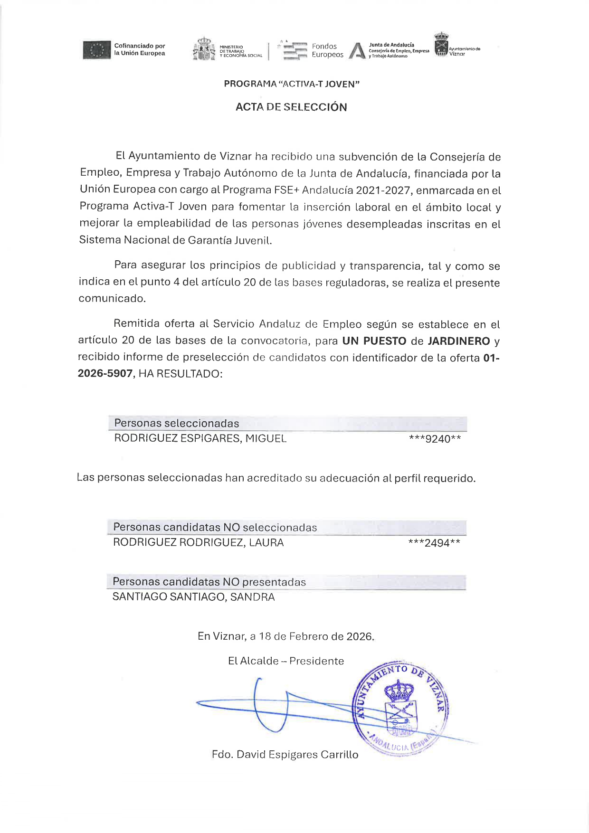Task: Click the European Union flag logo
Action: [x=97, y=50]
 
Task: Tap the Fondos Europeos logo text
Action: [x=327, y=50]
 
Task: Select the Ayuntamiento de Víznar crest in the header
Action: [x=441, y=44]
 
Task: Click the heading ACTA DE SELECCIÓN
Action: [x=291, y=107]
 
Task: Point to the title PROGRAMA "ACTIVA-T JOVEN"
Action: [x=292, y=84]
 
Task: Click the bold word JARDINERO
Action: [x=459, y=341]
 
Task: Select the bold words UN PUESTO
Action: [x=374, y=341]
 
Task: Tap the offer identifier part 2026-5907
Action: [x=105, y=374]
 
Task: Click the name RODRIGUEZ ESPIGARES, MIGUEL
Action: [x=200, y=438]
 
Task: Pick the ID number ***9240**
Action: [x=435, y=439]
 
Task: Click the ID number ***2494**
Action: [x=434, y=543]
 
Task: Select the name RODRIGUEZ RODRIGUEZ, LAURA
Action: [x=198, y=542]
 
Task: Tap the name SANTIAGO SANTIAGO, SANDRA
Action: [x=193, y=597]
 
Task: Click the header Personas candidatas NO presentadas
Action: [x=209, y=582]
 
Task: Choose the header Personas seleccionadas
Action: [x=176, y=423]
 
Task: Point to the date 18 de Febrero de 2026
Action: [x=316, y=636]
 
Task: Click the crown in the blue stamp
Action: [x=399, y=691]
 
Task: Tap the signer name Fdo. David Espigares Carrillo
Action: [x=285, y=755]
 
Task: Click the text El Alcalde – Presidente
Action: [x=286, y=661]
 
